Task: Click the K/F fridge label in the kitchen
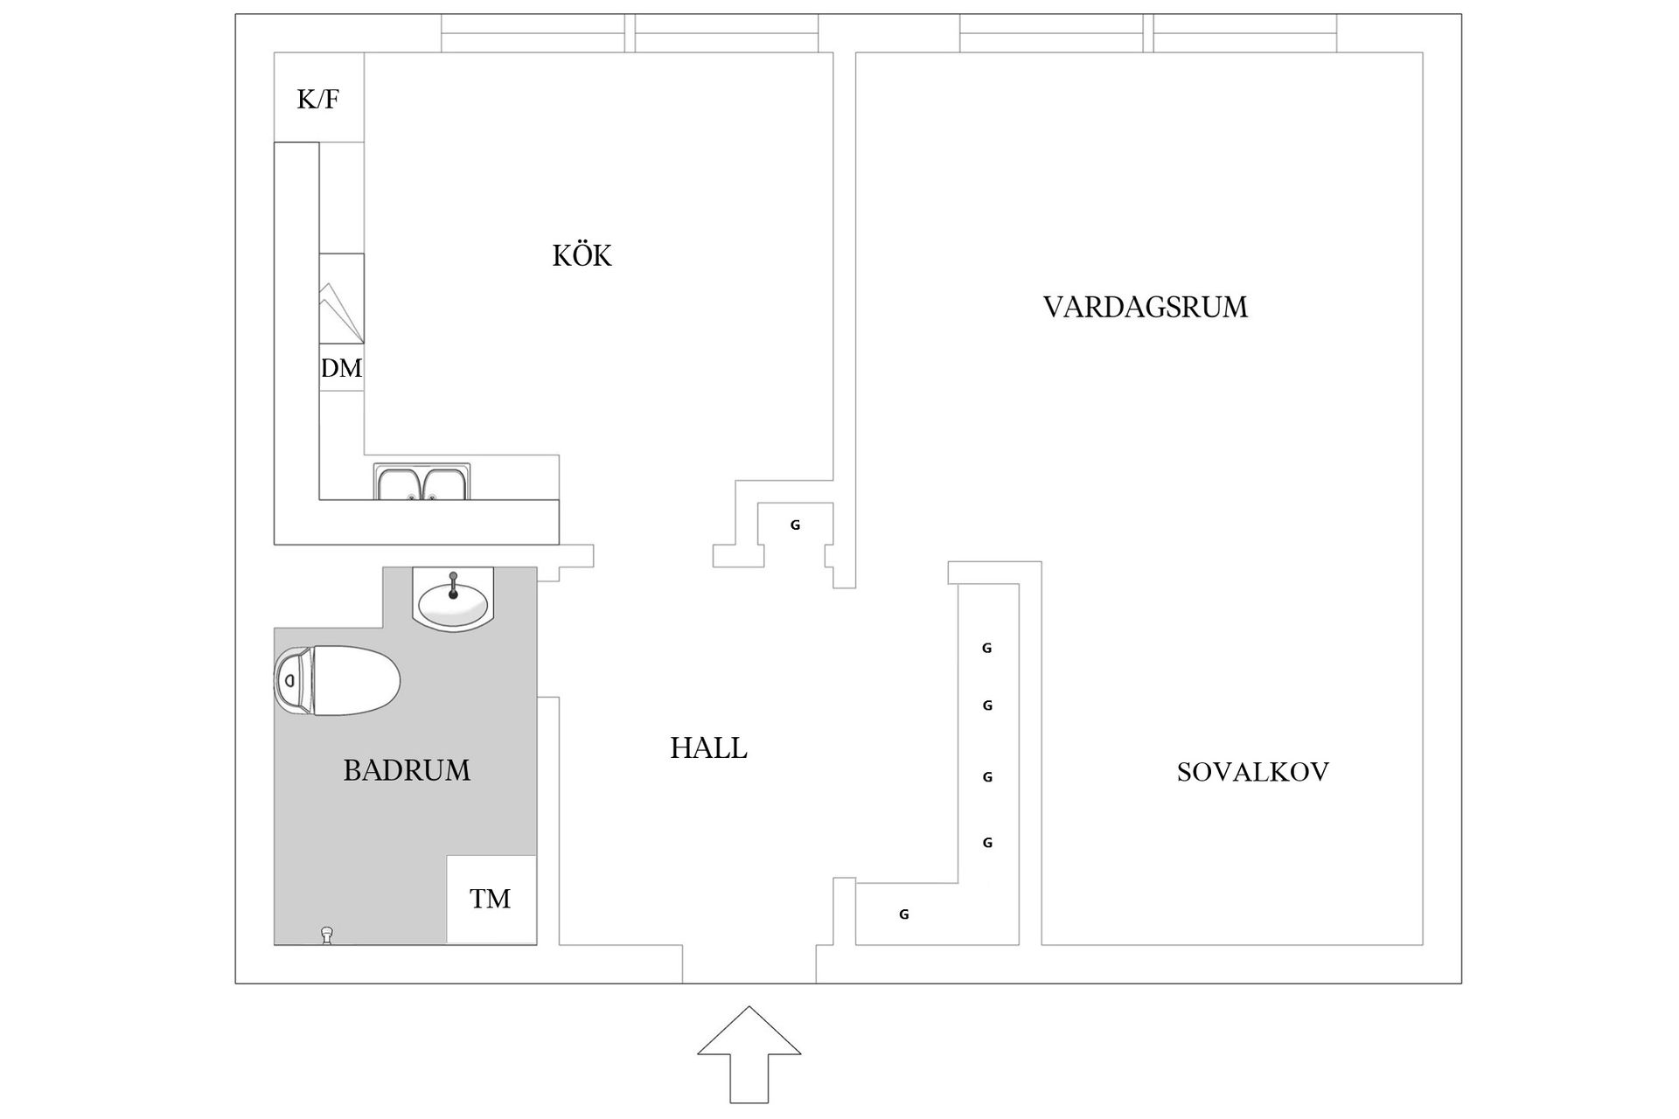[318, 99]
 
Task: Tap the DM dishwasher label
[341, 368]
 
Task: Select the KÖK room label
[582, 256]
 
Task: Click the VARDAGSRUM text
[1145, 308]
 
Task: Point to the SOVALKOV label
[1252, 772]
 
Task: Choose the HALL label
[708, 748]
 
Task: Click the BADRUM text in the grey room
[407, 770]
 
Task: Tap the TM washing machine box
[491, 899]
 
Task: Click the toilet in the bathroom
[345, 681]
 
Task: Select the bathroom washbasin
[453, 601]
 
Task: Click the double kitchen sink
[422, 483]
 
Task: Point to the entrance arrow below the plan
[749, 1054]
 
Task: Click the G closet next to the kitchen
[795, 525]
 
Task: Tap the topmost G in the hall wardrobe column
[986, 649]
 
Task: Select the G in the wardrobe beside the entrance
[904, 914]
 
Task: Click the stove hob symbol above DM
[341, 299]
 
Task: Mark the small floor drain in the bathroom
[327, 935]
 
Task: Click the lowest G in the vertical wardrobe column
[987, 844]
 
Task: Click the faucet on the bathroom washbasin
[453, 583]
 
